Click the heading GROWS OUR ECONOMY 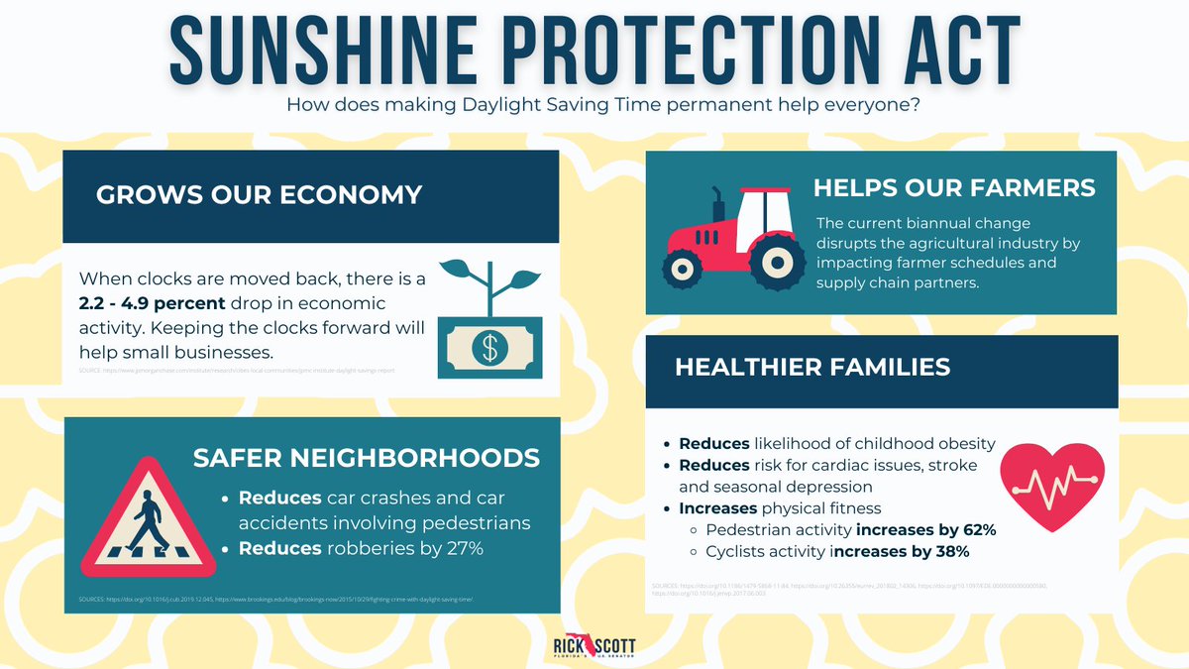[x=259, y=195]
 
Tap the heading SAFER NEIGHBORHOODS [x=367, y=458]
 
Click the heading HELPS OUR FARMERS [x=954, y=187]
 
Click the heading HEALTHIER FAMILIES [x=812, y=367]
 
